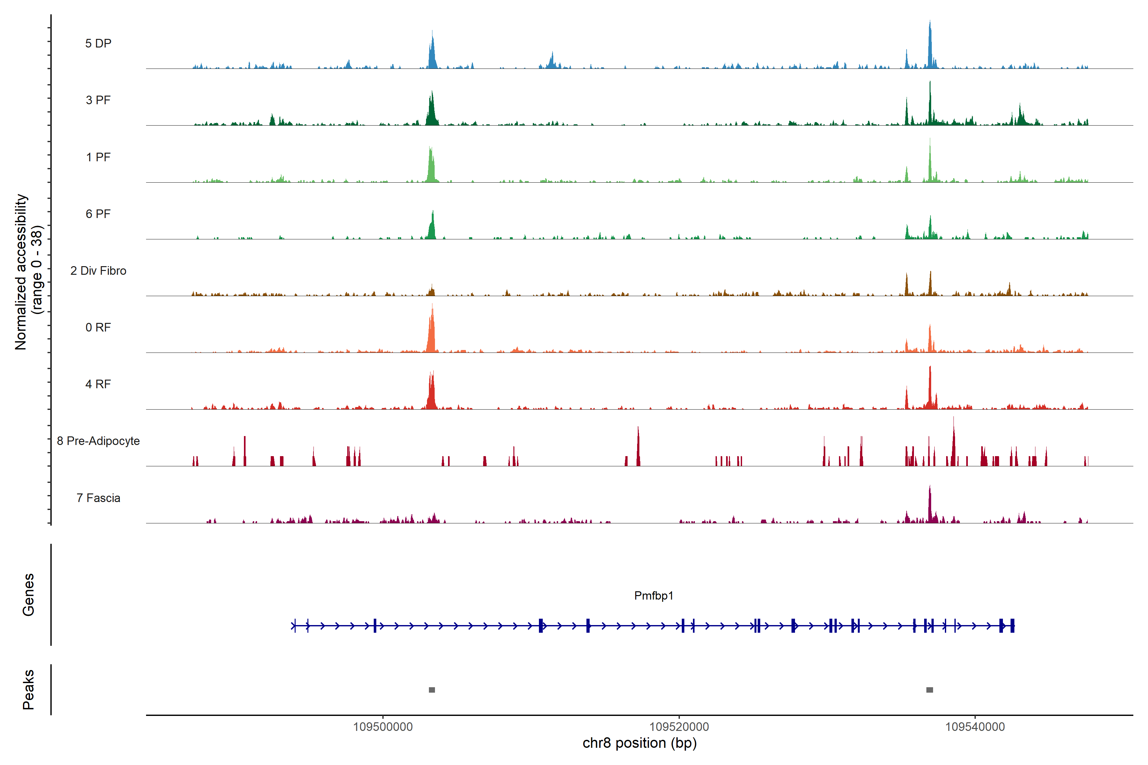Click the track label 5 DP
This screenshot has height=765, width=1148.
pos(98,43)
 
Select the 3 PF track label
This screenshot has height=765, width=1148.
pos(98,100)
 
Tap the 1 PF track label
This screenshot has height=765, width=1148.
pos(98,157)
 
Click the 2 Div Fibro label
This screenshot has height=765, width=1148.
pos(98,271)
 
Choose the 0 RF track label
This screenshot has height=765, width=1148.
pos(98,327)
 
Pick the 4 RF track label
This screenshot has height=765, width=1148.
pos(98,384)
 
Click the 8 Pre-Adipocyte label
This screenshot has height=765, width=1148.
pos(98,441)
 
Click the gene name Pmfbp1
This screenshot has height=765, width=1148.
pos(653,596)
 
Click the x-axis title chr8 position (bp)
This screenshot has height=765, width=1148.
pos(639,743)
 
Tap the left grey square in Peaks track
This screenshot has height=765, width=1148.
pos(432,690)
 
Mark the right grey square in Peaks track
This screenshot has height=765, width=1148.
pos(930,690)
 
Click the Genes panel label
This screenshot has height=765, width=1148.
pos(28,595)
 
